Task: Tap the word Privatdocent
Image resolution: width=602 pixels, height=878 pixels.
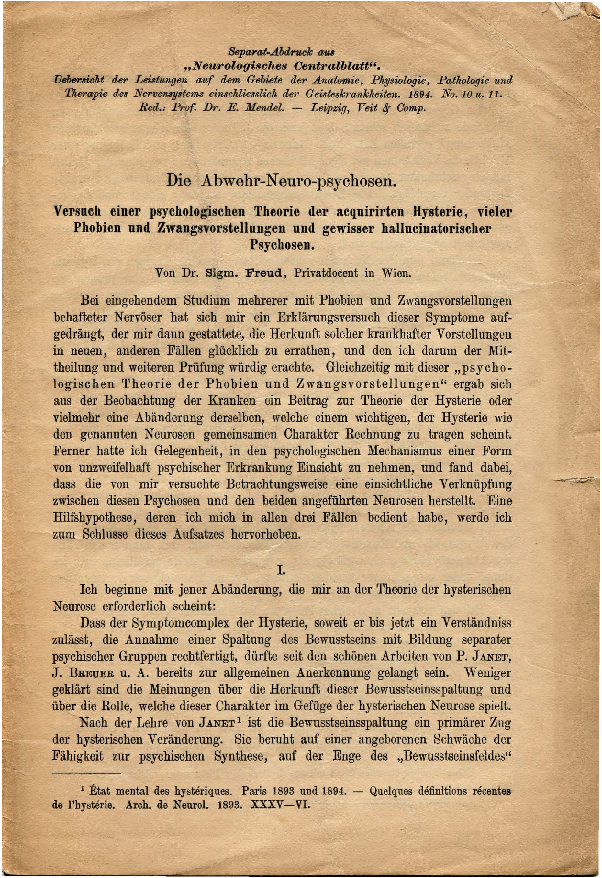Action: point(326,273)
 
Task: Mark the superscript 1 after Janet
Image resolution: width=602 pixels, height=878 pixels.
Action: point(239,720)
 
